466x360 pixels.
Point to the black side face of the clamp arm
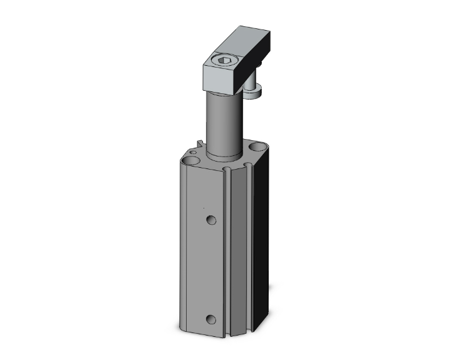pos(257,56)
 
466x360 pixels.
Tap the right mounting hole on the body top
pos(256,148)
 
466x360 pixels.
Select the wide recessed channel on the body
pos(238,250)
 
